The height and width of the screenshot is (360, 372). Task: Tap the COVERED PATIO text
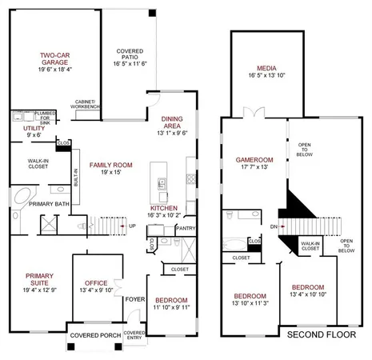129,54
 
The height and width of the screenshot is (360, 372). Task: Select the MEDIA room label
266,70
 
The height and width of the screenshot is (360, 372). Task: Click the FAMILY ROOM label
111,165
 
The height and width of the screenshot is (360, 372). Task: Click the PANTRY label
186,228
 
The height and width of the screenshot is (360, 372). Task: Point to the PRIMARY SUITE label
35,278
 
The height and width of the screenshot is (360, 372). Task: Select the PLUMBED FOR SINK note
45,116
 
